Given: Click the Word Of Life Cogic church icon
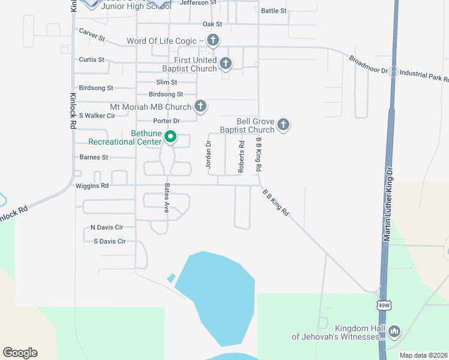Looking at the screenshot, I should (x=212, y=41).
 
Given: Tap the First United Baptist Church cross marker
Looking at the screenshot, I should (x=226, y=63).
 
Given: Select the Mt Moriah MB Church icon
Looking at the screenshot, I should (x=200, y=107).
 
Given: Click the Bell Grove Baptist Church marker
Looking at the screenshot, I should (x=283, y=125).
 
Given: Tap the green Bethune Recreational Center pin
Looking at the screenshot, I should (x=170, y=137).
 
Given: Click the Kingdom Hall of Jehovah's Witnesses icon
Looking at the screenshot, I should (x=394, y=331).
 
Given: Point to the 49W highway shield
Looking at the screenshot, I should (x=383, y=305).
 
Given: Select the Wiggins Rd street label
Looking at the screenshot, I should (x=92, y=186).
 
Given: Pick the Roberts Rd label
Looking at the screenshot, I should (x=241, y=157).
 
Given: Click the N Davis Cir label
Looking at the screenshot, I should (x=106, y=227).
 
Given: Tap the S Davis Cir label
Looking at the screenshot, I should (x=109, y=241).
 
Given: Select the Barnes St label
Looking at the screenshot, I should (x=94, y=157).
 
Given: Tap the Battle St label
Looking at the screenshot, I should (x=274, y=11).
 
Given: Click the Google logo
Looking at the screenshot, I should (x=20, y=353).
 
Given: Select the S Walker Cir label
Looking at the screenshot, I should (x=97, y=115).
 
